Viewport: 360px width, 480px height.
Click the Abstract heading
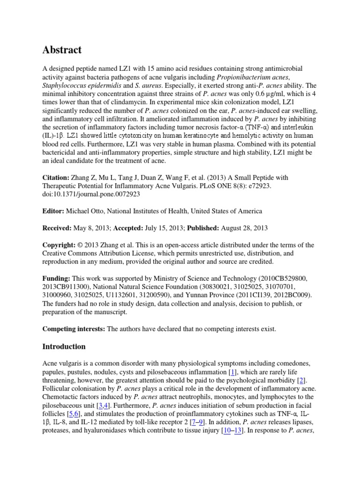click(x=62, y=50)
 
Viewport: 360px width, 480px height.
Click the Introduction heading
click(x=64, y=347)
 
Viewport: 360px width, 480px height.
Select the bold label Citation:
click(x=56, y=178)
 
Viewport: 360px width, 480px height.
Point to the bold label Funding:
click(x=57, y=278)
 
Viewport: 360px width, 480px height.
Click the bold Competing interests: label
click(x=74, y=329)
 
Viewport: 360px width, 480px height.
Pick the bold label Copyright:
click(x=59, y=245)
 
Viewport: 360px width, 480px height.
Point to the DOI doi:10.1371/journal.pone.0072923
click(x=91, y=194)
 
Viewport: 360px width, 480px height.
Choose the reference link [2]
click(x=302, y=381)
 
